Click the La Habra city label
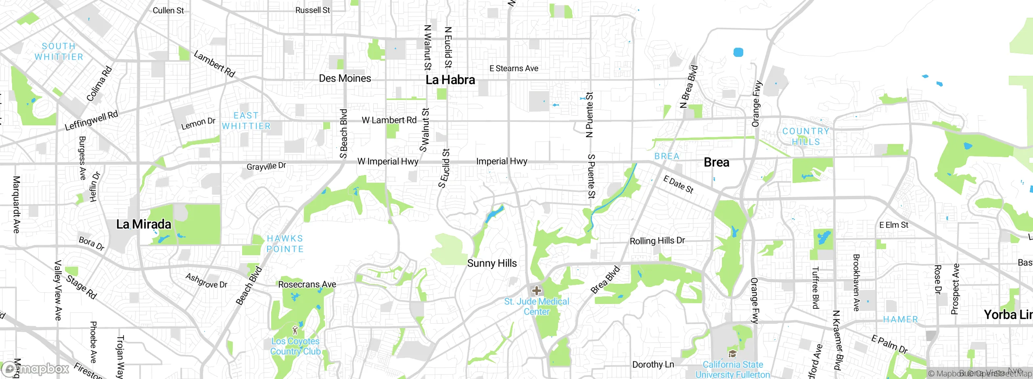point(450,80)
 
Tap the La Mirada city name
point(144,224)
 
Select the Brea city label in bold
point(716,162)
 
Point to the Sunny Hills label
point(492,263)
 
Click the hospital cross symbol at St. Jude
point(536,290)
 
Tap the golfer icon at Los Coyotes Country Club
point(295,330)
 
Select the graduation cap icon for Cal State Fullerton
point(732,354)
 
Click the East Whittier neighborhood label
point(246,121)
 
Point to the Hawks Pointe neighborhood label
point(285,244)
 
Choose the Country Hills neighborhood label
point(806,136)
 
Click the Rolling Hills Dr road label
point(657,241)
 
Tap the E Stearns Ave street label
point(514,69)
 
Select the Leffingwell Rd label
point(92,121)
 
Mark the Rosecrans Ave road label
point(307,284)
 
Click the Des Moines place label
point(345,78)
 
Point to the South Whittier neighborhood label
point(59,52)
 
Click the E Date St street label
point(678,184)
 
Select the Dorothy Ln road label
point(653,364)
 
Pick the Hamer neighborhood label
point(900,319)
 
